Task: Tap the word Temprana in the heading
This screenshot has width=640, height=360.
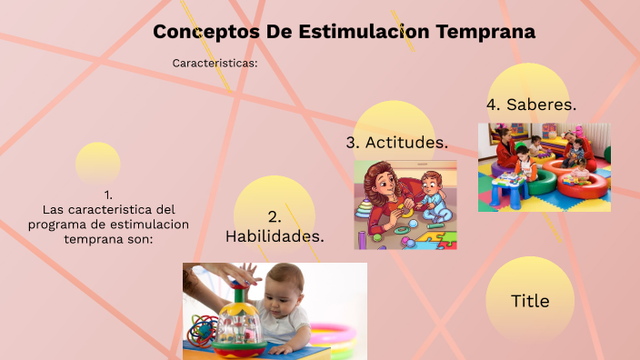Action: tap(485, 32)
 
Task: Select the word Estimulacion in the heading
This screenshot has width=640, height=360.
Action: tap(362, 32)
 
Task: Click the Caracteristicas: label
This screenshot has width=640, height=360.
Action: tap(215, 64)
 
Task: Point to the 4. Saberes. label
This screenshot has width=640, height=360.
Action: tap(531, 105)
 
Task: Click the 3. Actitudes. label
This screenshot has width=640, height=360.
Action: tap(396, 143)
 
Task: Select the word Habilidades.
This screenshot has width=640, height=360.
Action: tap(275, 236)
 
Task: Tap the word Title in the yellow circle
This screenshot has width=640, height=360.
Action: tap(530, 301)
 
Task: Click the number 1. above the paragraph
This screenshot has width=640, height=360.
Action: tap(108, 195)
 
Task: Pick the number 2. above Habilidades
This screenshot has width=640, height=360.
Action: tap(275, 216)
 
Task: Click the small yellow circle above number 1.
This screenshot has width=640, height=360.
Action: tap(98, 162)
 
